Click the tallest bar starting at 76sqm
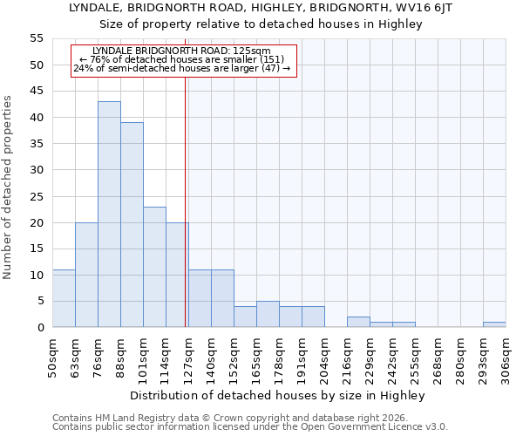point(109,215)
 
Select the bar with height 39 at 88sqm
point(132,225)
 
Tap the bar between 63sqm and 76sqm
point(86,275)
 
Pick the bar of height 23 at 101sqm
point(154,267)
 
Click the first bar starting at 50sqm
point(64,298)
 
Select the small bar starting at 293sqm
point(494,324)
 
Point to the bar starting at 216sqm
point(358,322)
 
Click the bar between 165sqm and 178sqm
point(268,314)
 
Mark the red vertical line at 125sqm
point(186,201)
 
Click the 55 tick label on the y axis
point(36,38)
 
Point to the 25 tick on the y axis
point(36,196)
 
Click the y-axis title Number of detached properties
point(9,187)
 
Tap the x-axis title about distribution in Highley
point(282,396)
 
